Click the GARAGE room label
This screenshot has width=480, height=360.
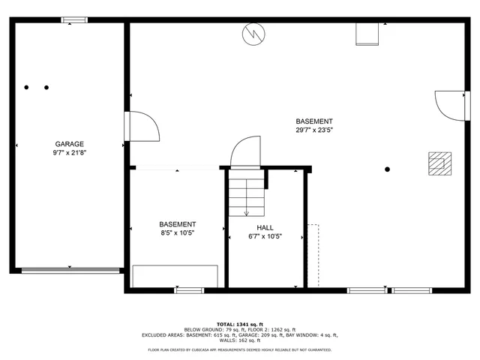pos(69,144)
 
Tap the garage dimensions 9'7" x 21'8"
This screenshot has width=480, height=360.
pos(69,153)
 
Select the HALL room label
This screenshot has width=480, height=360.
pos(265,227)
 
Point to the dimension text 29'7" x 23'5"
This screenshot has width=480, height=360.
pos(314,130)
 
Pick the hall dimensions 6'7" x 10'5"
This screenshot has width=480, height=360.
pos(265,236)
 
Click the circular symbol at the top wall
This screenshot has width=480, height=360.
pos(253,33)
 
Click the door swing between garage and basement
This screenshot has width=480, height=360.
pos(142,126)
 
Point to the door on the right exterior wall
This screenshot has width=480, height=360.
pos(450,104)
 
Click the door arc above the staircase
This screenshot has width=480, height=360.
pos(246,153)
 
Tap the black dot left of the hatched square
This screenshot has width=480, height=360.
pos(387,169)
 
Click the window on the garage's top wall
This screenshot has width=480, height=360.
pos(73,20)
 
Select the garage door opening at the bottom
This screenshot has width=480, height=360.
pos(70,270)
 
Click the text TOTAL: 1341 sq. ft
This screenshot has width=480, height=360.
pos(240,324)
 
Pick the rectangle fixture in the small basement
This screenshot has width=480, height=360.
pos(175,276)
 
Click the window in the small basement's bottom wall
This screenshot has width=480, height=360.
pos(189,289)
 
